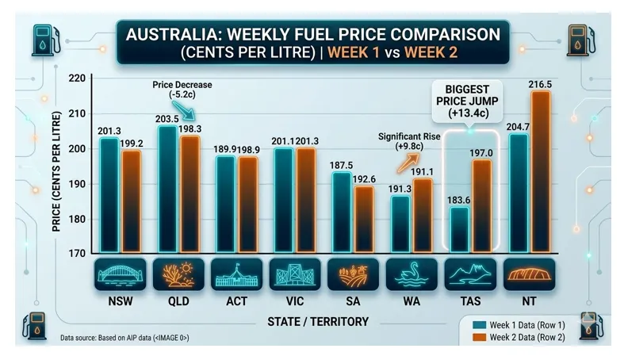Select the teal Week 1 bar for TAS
click(x=459, y=230)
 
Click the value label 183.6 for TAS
click(x=459, y=200)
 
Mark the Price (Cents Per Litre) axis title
click(x=57, y=166)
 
